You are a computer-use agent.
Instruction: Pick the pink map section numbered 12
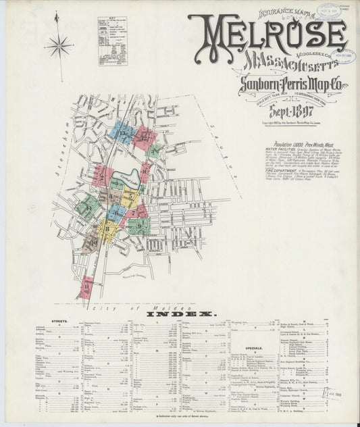tap(143, 136)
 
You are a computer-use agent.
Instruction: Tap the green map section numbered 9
tap(138, 225)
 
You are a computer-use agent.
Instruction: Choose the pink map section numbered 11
tap(86, 288)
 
